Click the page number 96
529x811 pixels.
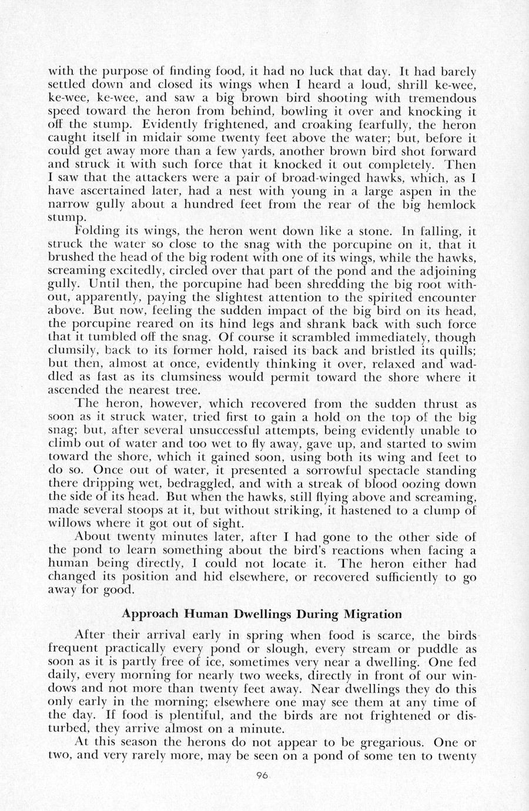pyautogui.click(x=262, y=776)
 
